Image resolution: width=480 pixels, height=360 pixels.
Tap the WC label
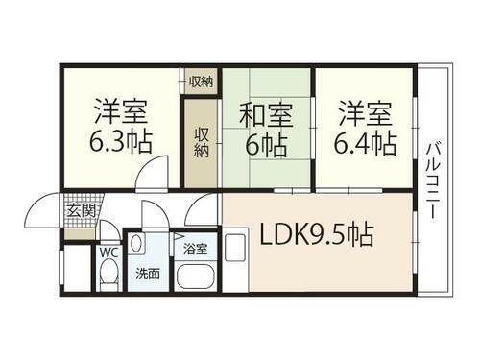point(109,253)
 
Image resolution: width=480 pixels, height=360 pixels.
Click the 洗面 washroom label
point(147,272)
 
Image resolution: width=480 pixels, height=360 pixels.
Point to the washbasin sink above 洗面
point(137,243)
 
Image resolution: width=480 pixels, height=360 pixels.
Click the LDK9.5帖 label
point(313,233)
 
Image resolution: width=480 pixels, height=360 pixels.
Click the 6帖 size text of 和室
point(265,146)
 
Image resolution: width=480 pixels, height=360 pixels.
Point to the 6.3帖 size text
point(120,143)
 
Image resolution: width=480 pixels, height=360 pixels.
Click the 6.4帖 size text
point(364,143)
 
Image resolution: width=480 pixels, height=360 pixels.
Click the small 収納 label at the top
point(201,81)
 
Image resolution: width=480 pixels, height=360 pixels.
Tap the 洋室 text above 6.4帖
point(364,111)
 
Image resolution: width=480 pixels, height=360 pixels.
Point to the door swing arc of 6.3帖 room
point(149,176)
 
